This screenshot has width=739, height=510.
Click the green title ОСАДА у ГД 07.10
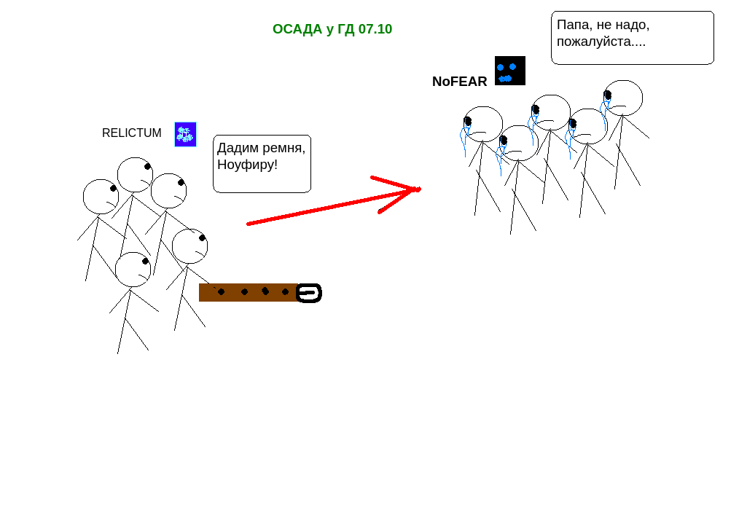(x=332, y=29)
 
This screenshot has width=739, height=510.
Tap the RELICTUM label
(x=132, y=133)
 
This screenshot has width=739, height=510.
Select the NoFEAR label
(x=459, y=82)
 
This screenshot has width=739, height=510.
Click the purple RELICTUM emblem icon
(x=185, y=134)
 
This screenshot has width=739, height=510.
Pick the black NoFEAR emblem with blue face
(x=509, y=71)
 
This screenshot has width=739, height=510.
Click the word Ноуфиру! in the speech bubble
(x=247, y=165)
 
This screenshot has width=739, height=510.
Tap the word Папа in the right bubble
(x=573, y=25)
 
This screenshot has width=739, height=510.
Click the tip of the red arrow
(x=418, y=189)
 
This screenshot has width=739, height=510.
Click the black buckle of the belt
(x=309, y=293)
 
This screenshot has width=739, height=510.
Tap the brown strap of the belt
(x=248, y=292)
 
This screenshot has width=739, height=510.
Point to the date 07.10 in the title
(x=375, y=29)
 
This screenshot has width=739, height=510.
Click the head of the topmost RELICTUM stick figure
(x=135, y=175)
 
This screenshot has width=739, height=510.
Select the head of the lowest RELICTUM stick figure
(x=133, y=270)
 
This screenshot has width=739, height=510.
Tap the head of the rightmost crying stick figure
(x=623, y=98)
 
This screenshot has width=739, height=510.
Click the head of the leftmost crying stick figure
(x=483, y=124)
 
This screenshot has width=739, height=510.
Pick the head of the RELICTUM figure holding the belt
(x=189, y=246)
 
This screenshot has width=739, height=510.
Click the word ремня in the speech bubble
(x=281, y=148)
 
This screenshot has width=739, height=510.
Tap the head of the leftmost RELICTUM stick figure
(x=101, y=197)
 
